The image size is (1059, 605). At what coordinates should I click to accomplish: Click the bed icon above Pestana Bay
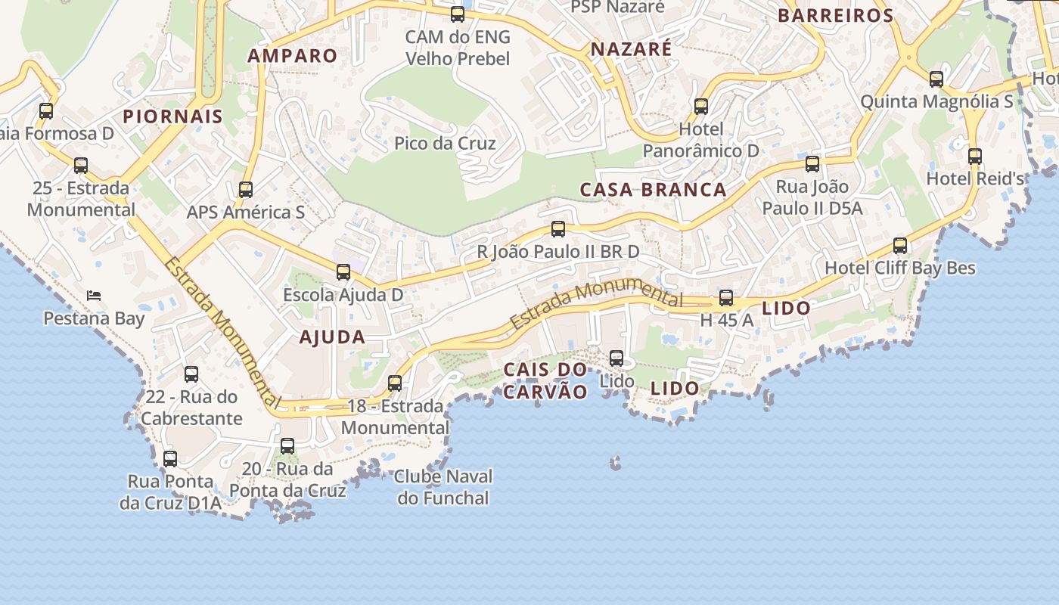pos(93,295)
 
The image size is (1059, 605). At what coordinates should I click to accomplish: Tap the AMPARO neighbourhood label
pos(292,55)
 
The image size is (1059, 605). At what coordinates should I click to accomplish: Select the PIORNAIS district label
pos(172,116)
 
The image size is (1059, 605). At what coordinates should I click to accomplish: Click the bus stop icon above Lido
pos(616,358)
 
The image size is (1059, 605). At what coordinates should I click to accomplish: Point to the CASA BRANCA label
pos(653,189)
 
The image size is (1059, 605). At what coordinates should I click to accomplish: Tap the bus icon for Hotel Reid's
pos(975,157)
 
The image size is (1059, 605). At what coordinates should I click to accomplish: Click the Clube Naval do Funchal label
pos(443,487)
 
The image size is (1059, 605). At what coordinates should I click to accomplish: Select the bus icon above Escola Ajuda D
pos(343,272)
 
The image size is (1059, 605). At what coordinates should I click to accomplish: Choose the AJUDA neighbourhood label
pos(332,337)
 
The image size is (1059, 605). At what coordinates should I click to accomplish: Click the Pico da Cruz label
pos(445,143)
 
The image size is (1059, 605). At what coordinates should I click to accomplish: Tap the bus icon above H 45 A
pos(726,298)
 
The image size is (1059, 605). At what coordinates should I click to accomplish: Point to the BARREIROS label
pos(835,15)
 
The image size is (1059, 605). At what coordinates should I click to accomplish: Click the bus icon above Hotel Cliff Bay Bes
pos(899,246)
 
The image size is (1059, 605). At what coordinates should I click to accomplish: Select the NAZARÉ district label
pos(631,49)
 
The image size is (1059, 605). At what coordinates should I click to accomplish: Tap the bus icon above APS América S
pos(246,190)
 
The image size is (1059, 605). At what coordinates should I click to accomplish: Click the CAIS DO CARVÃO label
pos(545,380)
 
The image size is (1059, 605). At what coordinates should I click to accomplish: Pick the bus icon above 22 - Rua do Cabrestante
pos(191,374)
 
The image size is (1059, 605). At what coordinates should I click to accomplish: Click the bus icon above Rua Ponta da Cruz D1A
pos(170,459)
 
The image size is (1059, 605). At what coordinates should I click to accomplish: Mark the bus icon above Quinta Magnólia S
pos(936,79)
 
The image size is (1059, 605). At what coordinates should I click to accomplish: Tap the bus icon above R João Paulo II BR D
pos(558,229)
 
